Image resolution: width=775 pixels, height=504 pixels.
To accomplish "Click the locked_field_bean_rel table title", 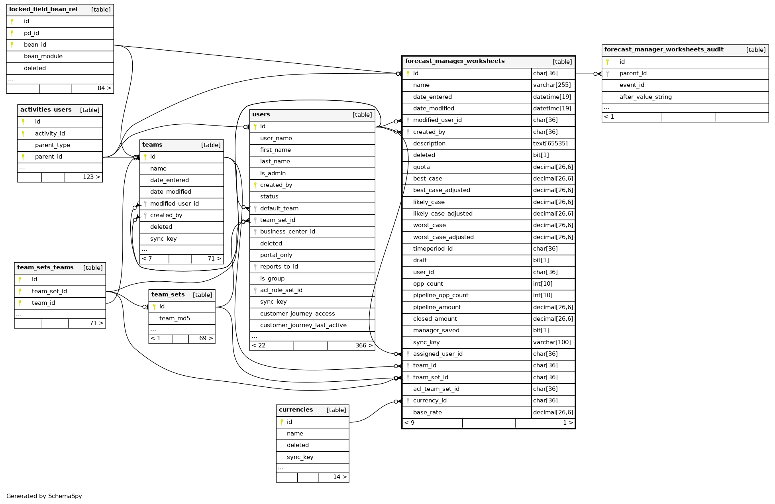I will coord(43,10).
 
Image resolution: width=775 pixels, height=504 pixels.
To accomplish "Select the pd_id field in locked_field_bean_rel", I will coord(31,33).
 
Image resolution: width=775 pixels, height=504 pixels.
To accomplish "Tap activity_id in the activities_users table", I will coord(50,133).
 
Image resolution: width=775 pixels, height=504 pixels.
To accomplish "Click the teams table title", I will coord(152,145).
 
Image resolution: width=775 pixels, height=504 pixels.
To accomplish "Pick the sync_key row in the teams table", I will coord(163,239).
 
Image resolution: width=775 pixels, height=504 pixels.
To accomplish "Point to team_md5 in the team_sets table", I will coord(175,318).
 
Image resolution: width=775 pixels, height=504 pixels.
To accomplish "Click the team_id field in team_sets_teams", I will coord(43,303).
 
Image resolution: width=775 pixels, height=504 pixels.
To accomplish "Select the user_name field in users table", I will coord(276,138).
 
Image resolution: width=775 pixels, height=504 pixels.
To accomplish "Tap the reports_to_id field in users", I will coord(279,267).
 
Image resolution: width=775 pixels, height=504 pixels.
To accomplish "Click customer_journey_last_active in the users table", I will coord(303,325).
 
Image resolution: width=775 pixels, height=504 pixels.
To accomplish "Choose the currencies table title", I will coord(296,410).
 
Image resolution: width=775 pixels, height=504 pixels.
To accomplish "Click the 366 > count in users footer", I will coord(364,345).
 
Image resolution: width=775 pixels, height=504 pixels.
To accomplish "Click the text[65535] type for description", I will coord(550,143).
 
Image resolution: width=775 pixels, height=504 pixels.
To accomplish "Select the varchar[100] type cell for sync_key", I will coord(552,342).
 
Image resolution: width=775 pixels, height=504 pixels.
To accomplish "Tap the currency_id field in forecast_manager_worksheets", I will coord(430,400).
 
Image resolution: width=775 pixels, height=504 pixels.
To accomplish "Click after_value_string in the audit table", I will coord(646,97).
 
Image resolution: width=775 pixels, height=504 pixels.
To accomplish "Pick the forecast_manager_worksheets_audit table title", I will coord(664,49).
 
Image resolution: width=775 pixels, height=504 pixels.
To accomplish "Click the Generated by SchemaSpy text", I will coord(44,496).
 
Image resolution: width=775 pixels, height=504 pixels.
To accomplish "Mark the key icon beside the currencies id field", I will coord(282,422).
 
